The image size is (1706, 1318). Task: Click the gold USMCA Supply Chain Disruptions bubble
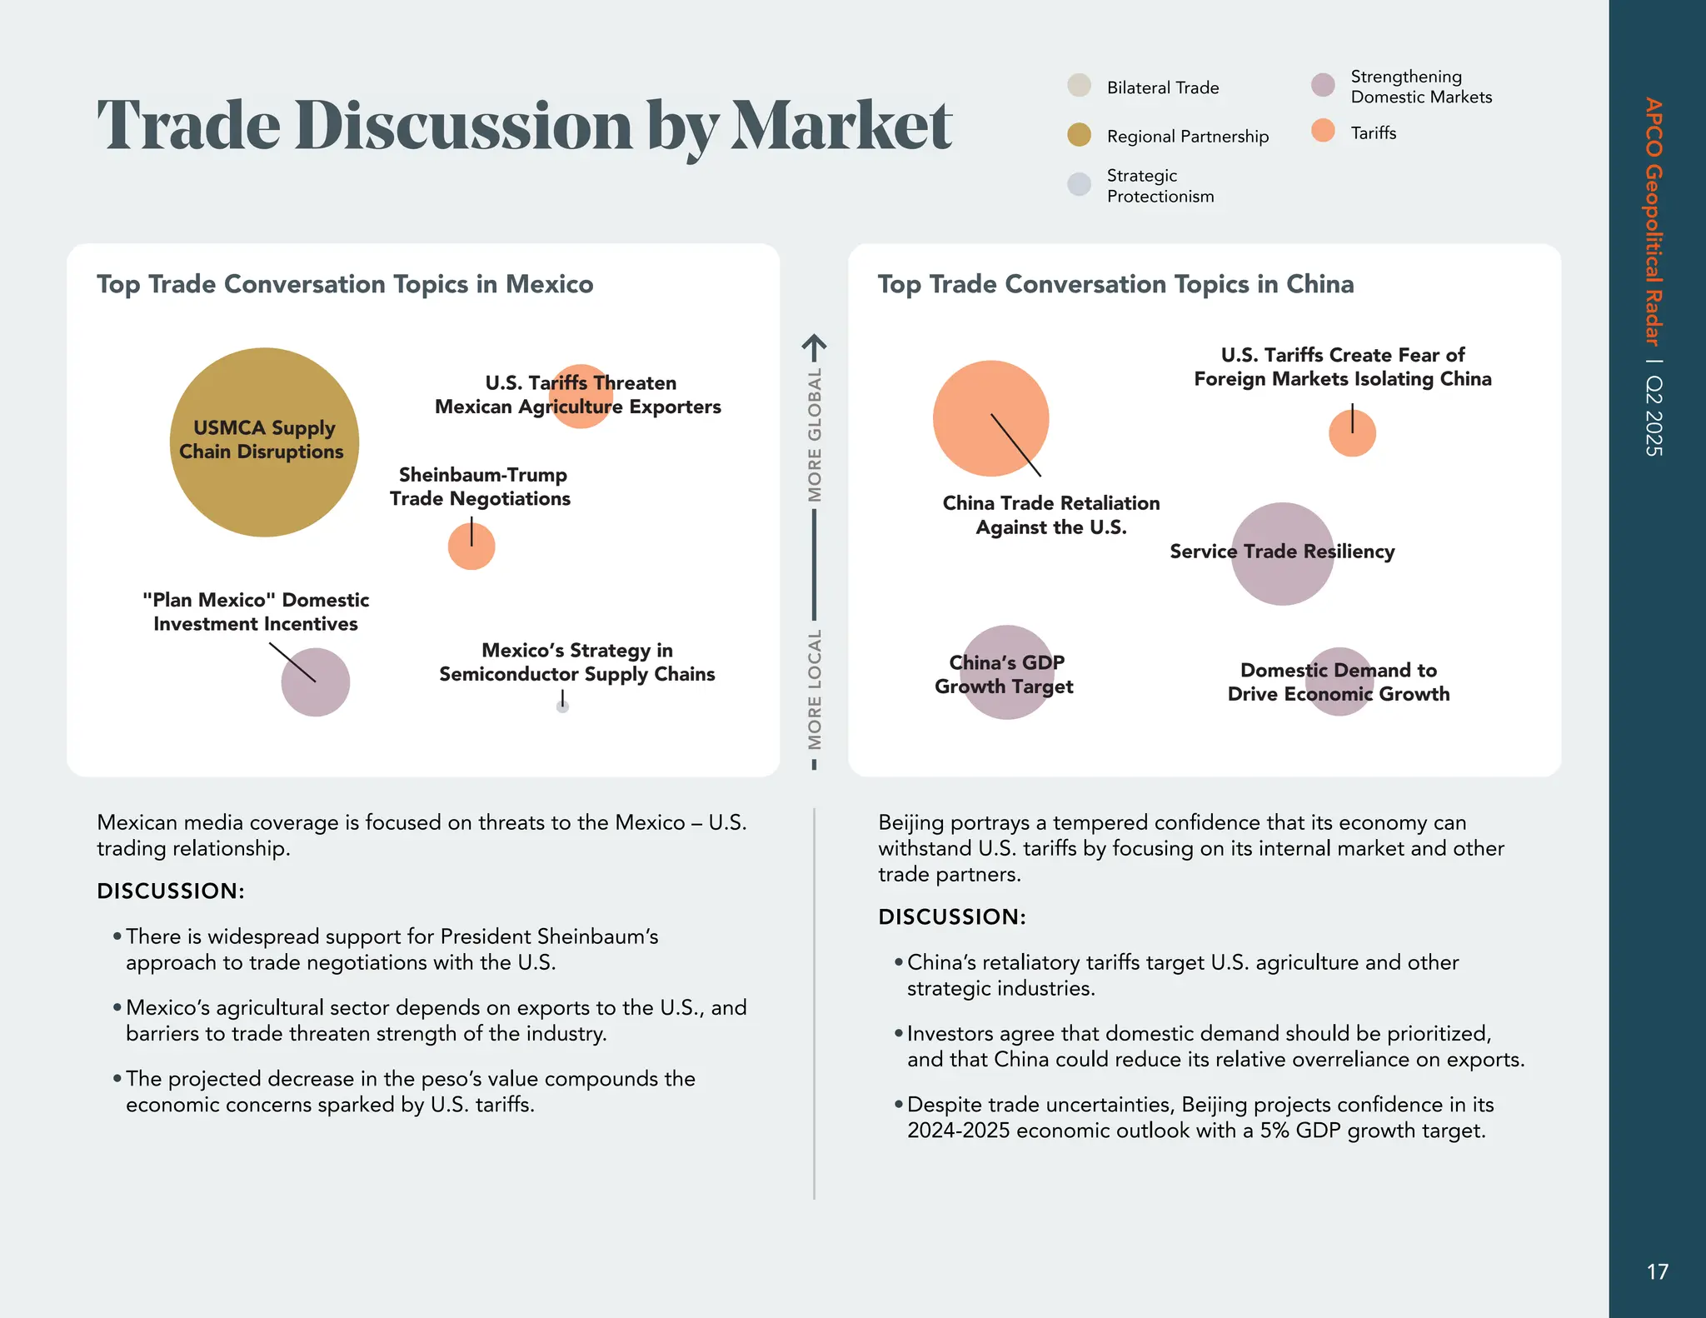[264, 492]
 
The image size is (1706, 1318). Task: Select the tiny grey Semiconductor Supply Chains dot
[563, 706]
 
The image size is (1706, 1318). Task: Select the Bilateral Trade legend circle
[1079, 86]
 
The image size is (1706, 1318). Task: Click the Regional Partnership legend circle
[1079, 135]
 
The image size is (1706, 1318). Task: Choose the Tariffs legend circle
[1323, 131]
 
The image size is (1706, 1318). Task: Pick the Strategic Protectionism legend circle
[1079, 184]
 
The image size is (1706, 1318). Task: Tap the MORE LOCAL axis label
[815, 689]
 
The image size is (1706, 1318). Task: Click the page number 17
[1657, 1271]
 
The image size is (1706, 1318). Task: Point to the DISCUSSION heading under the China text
[951, 916]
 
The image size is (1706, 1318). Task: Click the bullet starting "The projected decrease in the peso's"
[411, 1091]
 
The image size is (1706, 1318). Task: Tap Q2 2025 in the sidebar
[1655, 416]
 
